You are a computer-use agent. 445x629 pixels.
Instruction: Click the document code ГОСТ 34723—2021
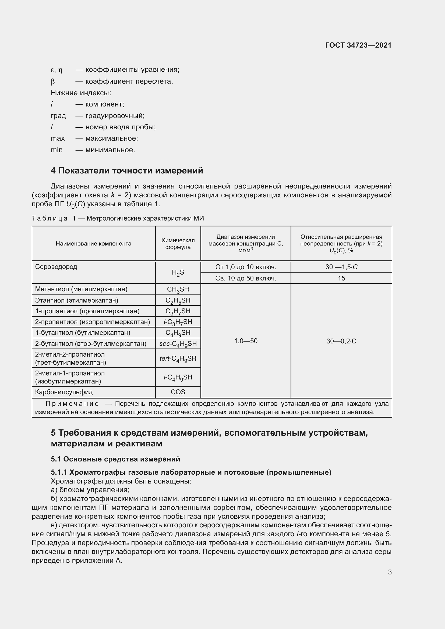tap(358, 45)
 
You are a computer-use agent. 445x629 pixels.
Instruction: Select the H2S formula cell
tap(178, 273)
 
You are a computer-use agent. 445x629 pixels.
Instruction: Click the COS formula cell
tap(178, 392)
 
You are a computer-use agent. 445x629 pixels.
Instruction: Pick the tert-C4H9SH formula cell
tap(178, 358)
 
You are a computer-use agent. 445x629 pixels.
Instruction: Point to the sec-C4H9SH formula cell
tap(178, 343)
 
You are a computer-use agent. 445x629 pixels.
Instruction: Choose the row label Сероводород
tap(56, 267)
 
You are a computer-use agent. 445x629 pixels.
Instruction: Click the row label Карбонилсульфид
tap(64, 392)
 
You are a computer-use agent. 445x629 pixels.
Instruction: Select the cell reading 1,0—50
tap(246, 341)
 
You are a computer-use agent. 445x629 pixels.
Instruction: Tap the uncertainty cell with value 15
tap(341, 278)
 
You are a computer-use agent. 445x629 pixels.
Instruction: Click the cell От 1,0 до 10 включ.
tap(246, 267)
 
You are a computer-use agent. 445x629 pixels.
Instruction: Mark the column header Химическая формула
tap(178, 244)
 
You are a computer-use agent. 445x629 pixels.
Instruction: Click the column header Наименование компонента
tap(93, 244)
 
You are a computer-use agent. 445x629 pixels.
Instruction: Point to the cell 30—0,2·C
tap(341, 341)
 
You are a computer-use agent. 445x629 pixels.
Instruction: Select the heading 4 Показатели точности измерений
tap(127, 170)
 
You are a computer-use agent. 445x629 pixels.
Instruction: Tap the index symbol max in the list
tap(58, 138)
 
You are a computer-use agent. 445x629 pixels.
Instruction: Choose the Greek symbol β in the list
tap(53, 81)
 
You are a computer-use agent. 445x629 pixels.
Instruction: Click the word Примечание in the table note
tap(72, 404)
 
